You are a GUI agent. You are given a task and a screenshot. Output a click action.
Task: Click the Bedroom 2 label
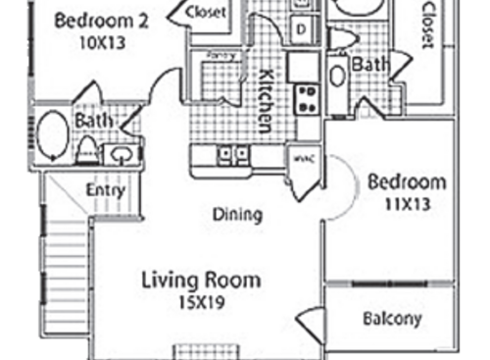[x=101, y=19]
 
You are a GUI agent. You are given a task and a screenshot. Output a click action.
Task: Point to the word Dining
[x=237, y=215]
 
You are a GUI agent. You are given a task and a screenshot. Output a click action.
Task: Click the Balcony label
[x=391, y=319]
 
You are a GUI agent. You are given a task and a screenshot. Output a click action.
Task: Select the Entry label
[x=105, y=190]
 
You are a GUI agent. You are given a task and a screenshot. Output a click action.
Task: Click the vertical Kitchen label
[x=265, y=99]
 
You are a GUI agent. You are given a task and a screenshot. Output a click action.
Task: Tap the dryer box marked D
[x=300, y=28]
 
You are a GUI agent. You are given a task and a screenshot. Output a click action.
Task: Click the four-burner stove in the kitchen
[x=308, y=98]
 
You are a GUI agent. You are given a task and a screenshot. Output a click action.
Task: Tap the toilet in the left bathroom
[x=87, y=150]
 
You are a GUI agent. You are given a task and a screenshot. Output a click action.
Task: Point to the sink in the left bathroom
[x=122, y=154]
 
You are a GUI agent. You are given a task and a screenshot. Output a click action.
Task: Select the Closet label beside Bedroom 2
[x=207, y=13]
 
